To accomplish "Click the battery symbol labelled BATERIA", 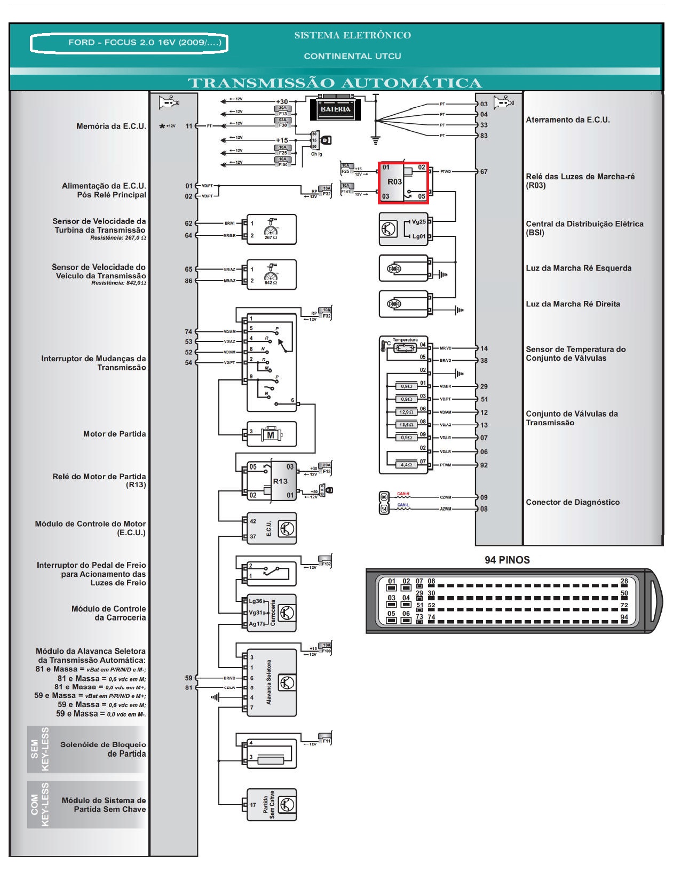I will coord(335,109).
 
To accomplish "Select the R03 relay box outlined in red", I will coord(403,182).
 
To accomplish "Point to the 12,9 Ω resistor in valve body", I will coord(406,412).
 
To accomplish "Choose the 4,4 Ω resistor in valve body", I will coord(406,465).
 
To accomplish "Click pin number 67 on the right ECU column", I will coord(484,172).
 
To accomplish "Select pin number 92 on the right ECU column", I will coord(484,465).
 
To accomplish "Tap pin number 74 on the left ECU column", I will coord(188,332).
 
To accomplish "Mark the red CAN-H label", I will coord(403,494).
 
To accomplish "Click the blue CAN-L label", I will coord(403,505).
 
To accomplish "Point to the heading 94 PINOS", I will coord(507,560).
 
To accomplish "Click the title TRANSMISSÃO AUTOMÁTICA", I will coord(335,83).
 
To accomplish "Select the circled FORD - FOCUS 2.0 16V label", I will coord(129,43).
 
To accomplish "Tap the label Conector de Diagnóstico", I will coord(573,502).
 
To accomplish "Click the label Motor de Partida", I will coord(114,434).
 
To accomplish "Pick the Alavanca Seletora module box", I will coord(271,682).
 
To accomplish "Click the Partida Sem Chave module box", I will coord(271,805).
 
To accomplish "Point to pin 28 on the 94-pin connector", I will coord(624,581).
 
